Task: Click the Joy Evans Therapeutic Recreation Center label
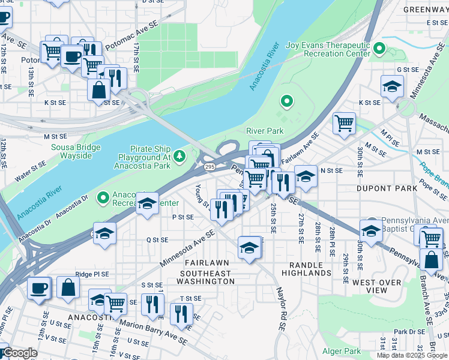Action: (x=328, y=53)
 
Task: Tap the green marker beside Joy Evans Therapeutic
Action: (x=379, y=48)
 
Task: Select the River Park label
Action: (x=264, y=131)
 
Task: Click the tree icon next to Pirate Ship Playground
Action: (x=179, y=157)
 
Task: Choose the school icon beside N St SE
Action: (x=306, y=176)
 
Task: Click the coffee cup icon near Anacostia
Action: (x=39, y=287)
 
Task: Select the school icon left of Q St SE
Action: (x=104, y=234)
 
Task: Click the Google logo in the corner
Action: (x=19, y=353)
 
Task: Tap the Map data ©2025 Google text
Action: (x=412, y=355)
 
